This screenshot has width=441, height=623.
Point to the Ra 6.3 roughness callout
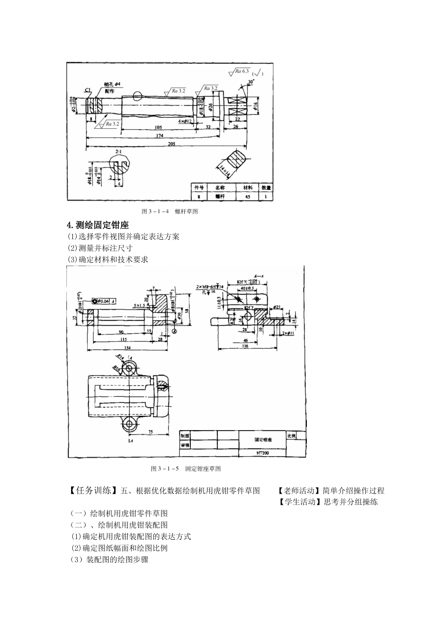[241, 71]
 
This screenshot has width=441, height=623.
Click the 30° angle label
[251, 82]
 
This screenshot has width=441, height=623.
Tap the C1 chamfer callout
[88, 90]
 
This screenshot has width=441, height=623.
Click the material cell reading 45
[247, 196]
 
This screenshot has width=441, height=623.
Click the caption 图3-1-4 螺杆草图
[170, 211]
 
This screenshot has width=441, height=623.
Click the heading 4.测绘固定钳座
[98, 225]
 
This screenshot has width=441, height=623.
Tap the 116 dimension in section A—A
[246, 346]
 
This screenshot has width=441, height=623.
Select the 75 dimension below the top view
[150, 432]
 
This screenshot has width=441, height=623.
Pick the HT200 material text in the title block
[263, 452]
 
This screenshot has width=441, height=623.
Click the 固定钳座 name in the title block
[263, 439]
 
